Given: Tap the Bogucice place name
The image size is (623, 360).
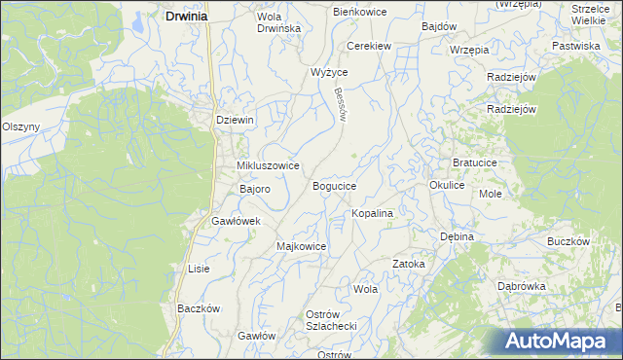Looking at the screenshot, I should coord(334,186).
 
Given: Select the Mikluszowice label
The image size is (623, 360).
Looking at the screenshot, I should coord(261,166).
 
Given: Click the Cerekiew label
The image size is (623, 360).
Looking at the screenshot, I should coord(370,46).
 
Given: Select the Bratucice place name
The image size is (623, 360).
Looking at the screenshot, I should coord(476,162).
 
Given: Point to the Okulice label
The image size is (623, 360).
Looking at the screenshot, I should coord(447,184).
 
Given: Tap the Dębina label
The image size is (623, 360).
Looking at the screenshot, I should coord(456,236).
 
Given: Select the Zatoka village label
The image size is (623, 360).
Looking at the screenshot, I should coord(409,264).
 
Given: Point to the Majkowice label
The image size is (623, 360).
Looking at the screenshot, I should coord(302,246).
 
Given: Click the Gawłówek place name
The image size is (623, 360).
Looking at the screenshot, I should coord(237,222).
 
